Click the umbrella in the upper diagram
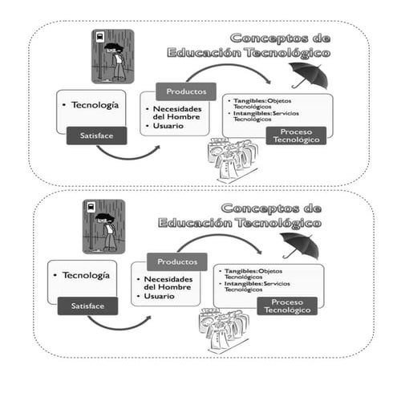(x=308, y=74)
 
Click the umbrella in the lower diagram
(x=300, y=243)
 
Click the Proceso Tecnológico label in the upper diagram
(x=296, y=134)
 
